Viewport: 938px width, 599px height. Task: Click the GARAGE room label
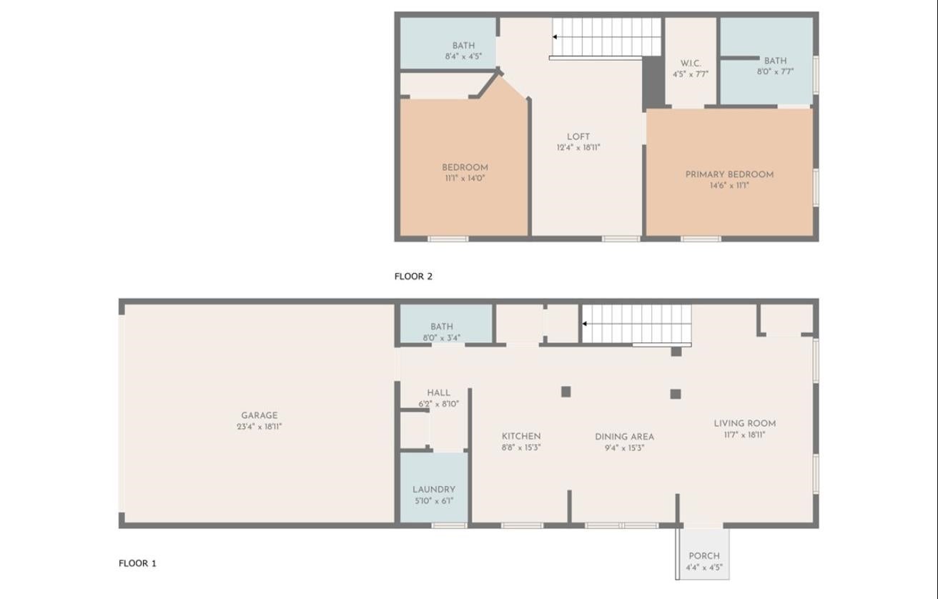[260, 416]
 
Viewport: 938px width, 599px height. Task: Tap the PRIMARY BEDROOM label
[729, 174]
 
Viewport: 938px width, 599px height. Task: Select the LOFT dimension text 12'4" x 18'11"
[578, 147]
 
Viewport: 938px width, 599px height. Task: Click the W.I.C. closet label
[691, 64]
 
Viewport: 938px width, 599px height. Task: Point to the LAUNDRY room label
[434, 490]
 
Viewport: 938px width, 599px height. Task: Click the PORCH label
[704, 556]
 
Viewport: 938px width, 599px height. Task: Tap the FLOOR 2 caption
[413, 276]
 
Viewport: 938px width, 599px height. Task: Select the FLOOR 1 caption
[137, 563]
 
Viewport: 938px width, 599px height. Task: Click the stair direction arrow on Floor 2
[554, 37]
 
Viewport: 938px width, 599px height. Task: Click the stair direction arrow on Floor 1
[584, 324]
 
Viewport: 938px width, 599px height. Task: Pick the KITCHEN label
[521, 437]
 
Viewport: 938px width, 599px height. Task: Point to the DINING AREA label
[624, 437]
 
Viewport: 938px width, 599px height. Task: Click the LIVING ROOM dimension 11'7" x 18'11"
[744, 435]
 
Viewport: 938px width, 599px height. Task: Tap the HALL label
[439, 393]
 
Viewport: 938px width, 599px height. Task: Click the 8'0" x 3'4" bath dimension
[442, 338]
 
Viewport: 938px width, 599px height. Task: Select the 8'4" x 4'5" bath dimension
[463, 56]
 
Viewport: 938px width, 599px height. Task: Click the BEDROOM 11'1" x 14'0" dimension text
[465, 178]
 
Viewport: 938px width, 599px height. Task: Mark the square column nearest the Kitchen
[566, 392]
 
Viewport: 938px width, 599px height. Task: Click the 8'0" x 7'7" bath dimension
[775, 71]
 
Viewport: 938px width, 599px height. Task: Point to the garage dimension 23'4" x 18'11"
[260, 427]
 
